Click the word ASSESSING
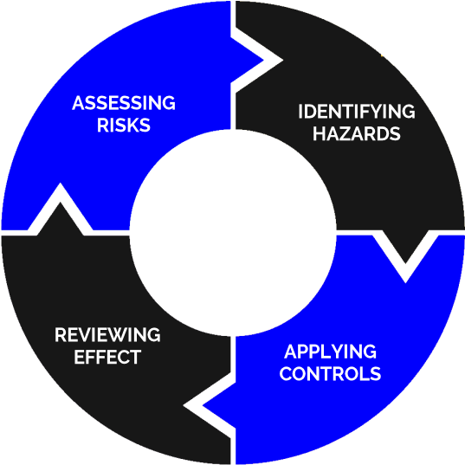click(124, 103)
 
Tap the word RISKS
click(124, 125)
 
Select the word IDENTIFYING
click(357, 112)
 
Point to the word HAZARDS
click(357, 133)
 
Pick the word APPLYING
click(331, 352)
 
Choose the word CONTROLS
click(330, 373)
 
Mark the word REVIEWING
click(107, 335)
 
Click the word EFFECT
click(107, 357)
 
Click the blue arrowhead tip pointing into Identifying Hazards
click(263, 61)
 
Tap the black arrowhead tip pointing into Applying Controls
click(405, 263)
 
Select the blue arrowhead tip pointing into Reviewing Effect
click(203, 405)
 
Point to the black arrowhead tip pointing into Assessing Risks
click(61, 203)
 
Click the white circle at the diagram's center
click(233, 233)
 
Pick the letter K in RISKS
click(132, 125)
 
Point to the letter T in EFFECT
click(135, 357)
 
